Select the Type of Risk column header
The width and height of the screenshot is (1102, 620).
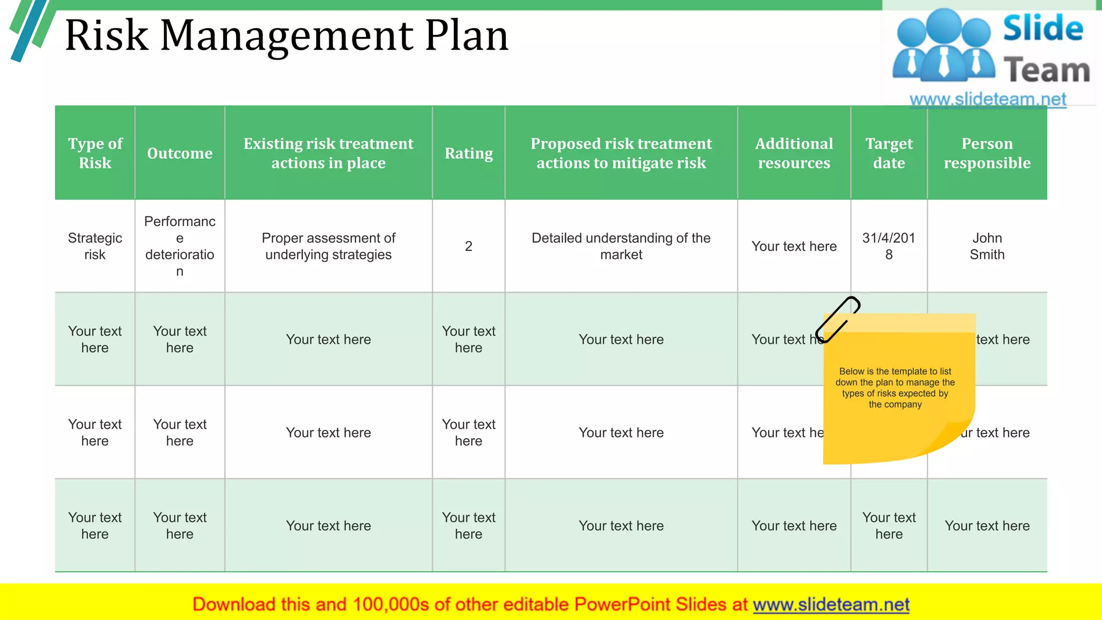[95, 153]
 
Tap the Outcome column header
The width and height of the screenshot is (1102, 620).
[180, 153]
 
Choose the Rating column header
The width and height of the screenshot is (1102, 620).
[469, 153]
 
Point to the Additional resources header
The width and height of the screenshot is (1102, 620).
[794, 153]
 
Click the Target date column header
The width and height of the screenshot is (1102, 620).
[889, 153]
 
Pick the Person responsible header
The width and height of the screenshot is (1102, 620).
[987, 153]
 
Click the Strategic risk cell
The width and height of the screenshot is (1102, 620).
[95, 246]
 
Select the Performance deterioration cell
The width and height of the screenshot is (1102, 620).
[180, 246]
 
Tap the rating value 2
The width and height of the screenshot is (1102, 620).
[469, 246]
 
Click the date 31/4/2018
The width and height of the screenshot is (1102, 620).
[889, 246]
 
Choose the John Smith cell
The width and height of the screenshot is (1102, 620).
[987, 246]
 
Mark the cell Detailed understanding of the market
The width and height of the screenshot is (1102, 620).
[621, 246]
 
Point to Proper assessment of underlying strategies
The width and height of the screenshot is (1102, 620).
[328, 246]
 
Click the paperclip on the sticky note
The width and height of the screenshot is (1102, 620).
[837, 319]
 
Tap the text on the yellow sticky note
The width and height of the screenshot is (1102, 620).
[895, 388]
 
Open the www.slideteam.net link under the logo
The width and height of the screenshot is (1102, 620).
[987, 100]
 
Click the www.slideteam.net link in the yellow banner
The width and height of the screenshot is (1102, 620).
[831, 604]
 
